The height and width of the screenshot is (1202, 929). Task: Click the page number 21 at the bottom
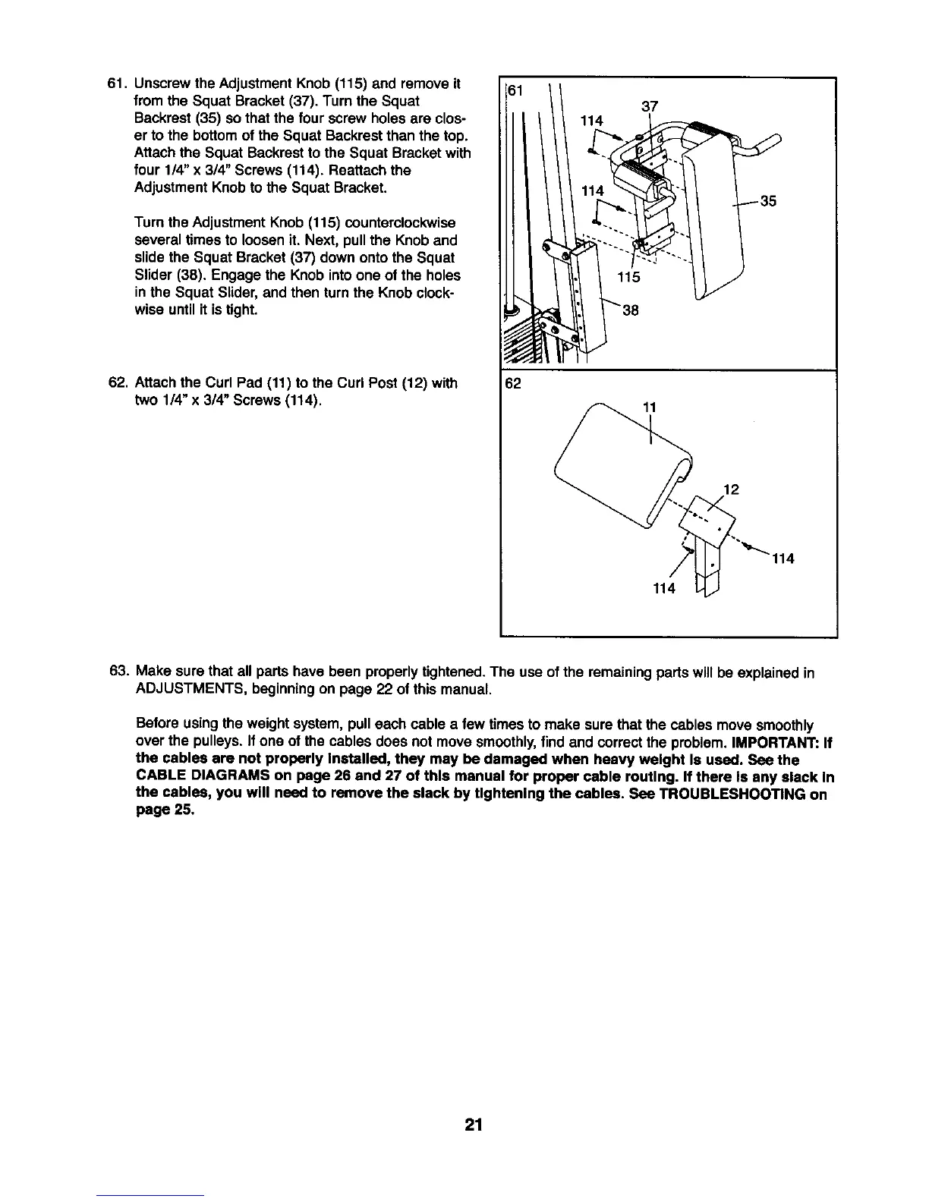(474, 1125)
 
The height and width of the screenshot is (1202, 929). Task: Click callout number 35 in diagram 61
(768, 202)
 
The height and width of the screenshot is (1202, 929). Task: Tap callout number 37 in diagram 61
(650, 106)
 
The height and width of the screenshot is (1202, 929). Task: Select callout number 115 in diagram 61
(629, 278)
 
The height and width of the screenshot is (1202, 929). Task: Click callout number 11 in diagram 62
(649, 407)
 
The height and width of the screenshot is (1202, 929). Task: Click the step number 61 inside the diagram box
(515, 91)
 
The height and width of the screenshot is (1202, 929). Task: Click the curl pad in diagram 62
(622, 470)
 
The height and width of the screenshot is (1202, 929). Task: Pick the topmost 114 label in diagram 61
(592, 121)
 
